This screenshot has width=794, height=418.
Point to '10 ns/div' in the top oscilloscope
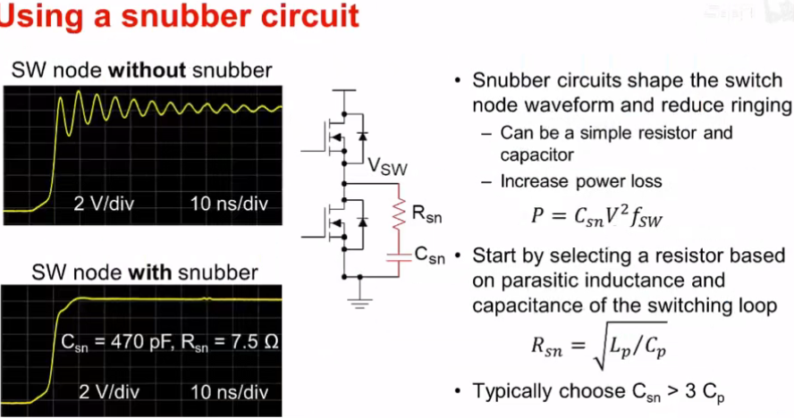pyautogui.click(x=229, y=202)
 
